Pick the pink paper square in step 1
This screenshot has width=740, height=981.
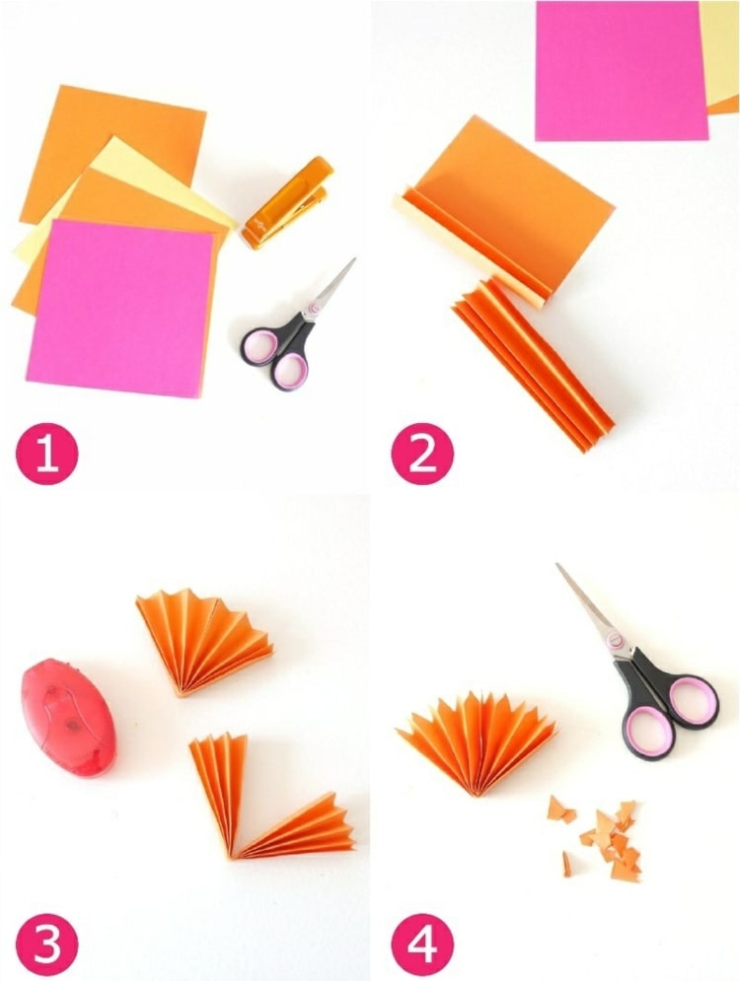pos(122,301)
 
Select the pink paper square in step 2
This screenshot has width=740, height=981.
pos(621,70)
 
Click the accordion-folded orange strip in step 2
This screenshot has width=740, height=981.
pos(532,363)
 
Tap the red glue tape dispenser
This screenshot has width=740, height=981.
pos(68,715)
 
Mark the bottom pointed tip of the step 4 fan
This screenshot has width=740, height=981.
pos(478,797)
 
